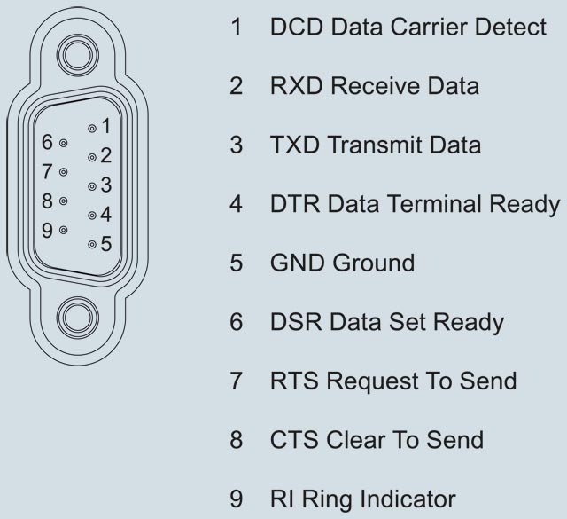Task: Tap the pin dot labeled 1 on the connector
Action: pos(91,129)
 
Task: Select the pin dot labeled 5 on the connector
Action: pos(91,243)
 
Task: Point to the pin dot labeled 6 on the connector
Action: pos(63,142)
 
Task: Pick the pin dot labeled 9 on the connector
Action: pos(63,230)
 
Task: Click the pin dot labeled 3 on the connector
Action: pos(91,186)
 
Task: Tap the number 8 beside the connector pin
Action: pos(49,201)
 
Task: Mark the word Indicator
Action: pos(404,499)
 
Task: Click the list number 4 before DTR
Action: pos(237,204)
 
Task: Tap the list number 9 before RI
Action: pos(237,499)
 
